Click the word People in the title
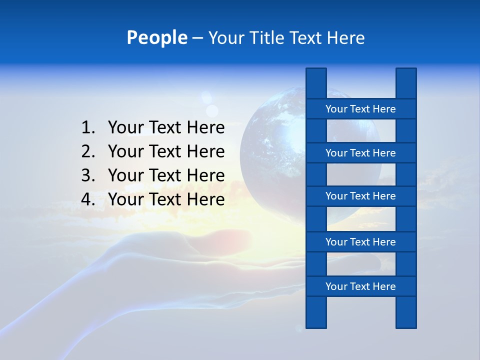coord(156,37)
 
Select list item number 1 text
coord(166,128)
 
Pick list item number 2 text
coord(166,151)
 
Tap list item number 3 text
coord(166,175)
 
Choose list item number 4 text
coord(166,199)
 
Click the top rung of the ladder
coord(360,109)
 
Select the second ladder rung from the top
coord(360,153)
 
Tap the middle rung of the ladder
coord(360,196)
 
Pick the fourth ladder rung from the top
coord(360,242)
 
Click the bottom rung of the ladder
coord(360,286)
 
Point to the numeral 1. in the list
coord(88,128)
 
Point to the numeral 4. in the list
coord(88,199)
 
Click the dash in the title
coord(197,38)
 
